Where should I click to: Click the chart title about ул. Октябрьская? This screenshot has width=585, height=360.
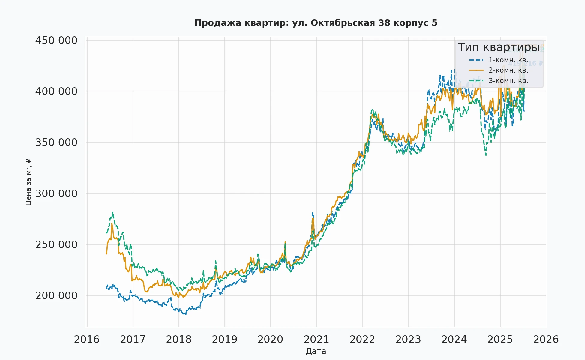(x=316, y=23)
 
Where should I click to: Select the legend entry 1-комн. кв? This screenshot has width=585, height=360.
(x=508, y=60)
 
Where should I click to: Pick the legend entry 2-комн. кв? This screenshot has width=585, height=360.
(x=508, y=70)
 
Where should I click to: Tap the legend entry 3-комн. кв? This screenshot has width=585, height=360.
(x=508, y=81)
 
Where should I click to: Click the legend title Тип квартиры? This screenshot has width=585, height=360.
(x=499, y=47)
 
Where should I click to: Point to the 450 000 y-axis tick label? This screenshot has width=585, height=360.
(x=56, y=40)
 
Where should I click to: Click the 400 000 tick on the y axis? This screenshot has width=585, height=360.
(x=56, y=91)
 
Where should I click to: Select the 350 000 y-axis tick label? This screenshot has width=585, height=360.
(x=56, y=142)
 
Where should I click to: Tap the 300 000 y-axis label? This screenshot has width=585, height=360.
(x=56, y=193)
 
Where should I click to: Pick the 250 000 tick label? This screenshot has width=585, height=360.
(x=56, y=244)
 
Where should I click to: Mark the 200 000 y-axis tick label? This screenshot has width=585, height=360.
(x=56, y=295)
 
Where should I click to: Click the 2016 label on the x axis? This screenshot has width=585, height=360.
(x=87, y=340)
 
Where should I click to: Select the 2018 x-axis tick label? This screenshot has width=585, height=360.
(x=179, y=340)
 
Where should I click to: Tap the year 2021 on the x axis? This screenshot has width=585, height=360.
(x=316, y=340)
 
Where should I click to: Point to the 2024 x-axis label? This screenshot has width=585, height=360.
(x=454, y=340)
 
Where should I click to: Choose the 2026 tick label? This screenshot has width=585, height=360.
(x=546, y=340)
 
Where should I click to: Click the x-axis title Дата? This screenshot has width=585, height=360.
(x=316, y=351)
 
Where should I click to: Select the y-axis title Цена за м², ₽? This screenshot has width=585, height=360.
(x=28, y=182)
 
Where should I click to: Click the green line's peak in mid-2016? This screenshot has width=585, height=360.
(x=113, y=212)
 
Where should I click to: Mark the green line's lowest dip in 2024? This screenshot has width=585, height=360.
(x=486, y=155)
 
